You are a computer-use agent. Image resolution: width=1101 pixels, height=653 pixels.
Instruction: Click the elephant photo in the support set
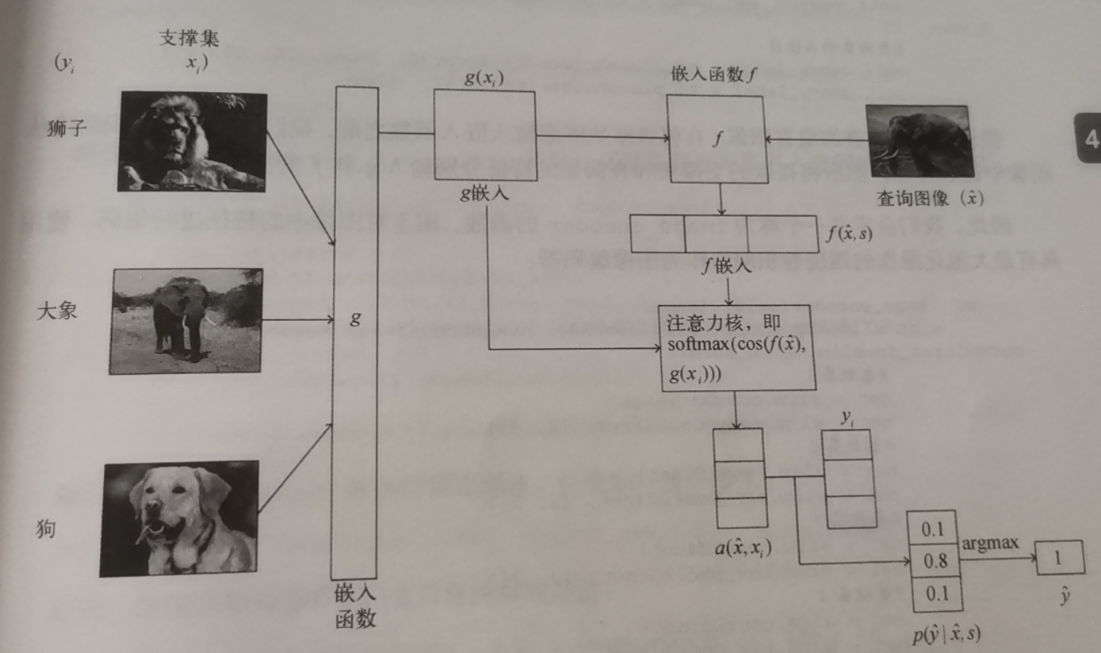(187, 320)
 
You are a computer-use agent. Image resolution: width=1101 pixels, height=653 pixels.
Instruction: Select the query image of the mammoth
(919, 141)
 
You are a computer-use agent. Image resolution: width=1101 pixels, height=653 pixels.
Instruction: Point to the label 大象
(57, 311)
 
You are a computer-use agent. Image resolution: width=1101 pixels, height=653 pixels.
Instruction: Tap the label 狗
(46, 529)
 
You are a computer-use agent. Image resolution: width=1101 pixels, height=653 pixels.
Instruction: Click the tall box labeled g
(354, 333)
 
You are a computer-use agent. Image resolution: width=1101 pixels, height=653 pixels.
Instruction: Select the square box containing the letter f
(716, 139)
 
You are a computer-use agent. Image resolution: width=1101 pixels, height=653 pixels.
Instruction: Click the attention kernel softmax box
(736, 347)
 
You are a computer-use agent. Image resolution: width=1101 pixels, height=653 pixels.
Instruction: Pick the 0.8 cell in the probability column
(936, 561)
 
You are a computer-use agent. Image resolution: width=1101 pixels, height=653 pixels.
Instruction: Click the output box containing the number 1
(1060, 559)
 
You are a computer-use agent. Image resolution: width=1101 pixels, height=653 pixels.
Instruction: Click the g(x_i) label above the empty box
(483, 77)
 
